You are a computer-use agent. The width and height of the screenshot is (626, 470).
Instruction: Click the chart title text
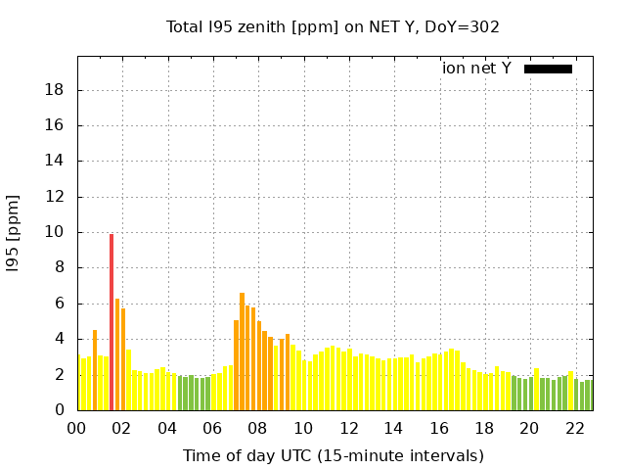pyautogui.click(x=333, y=26)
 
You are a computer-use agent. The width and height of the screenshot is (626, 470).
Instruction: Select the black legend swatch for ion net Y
pyautogui.click(x=548, y=69)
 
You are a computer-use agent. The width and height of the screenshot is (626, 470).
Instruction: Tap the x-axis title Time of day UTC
pyautogui.click(x=333, y=455)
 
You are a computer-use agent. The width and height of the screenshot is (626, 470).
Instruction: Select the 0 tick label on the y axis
pyautogui.click(x=61, y=411)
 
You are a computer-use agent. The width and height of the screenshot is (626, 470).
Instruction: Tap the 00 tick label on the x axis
pyautogui.click(x=77, y=428)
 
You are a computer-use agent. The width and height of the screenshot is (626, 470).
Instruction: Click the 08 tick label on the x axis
pyautogui.click(x=258, y=428)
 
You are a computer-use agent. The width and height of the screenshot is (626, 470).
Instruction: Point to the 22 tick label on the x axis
pyautogui.click(x=574, y=428)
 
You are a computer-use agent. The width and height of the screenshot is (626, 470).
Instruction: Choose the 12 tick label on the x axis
pyautogui.click(x=348, y=428)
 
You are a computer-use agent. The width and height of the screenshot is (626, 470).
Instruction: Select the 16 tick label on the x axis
pyautogui.click(x=439, y=428)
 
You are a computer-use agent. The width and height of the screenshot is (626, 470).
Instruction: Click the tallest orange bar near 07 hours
pyautogui.click(x=242, y=351)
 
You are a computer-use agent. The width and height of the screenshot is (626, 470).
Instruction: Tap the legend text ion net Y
pyautogui.click(x=476, y=69)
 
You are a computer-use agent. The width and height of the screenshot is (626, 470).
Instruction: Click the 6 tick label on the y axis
pyautogui.click(x=61, y=305)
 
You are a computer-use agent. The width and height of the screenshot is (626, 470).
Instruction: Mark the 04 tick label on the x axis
pyautogui.click(x=167, y=428)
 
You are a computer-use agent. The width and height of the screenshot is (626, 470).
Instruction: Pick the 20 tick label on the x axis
pyautogui.click(x=529, y=428)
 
